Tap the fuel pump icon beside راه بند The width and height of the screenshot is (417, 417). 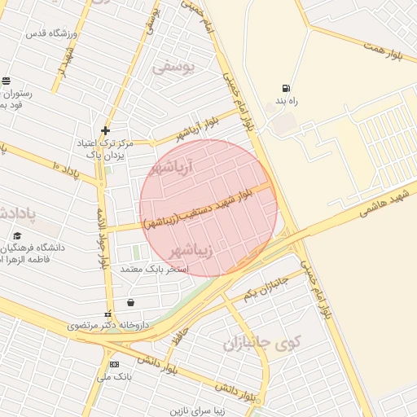[285, 88]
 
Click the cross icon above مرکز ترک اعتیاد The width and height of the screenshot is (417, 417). [105, 130]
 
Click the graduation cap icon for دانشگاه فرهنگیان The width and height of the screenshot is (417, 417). [17, 236]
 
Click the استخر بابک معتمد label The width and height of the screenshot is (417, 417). [155, 269]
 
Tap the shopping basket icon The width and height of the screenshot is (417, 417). [130, 303]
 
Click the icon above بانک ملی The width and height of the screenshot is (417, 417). [114, 364]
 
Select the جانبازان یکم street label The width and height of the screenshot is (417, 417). [266, 286]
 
